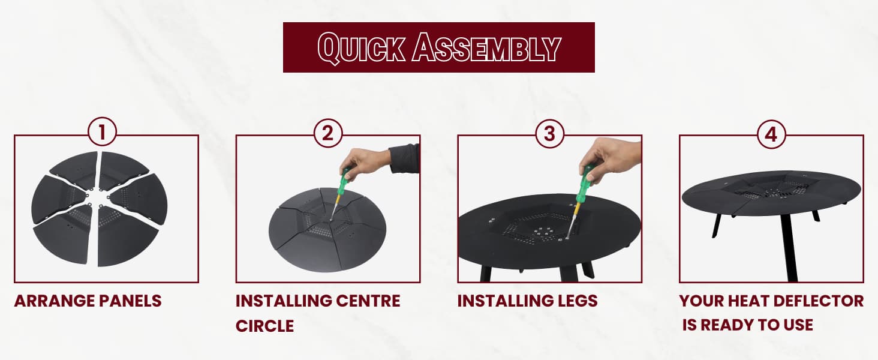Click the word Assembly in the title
486,47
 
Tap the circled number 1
103,132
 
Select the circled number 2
328,133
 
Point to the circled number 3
550,134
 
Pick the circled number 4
771,134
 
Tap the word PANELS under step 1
130,301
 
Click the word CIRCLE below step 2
264,326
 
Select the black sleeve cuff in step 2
404,158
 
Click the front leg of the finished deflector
789,247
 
